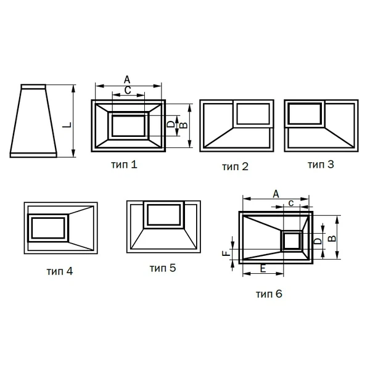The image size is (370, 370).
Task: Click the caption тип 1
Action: pos(124,165)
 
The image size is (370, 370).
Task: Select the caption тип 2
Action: pos(235,166)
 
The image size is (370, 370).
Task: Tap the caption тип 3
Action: pos(321,165)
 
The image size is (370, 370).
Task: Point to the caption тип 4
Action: pos(60,271)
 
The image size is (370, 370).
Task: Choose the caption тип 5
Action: pos(163,268)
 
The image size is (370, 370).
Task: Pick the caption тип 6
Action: pos(269,294)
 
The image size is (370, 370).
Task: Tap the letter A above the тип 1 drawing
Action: pos(127,80)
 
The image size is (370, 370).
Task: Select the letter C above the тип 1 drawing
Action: pos(128,91)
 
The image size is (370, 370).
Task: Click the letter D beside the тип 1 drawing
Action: pos(171,124)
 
